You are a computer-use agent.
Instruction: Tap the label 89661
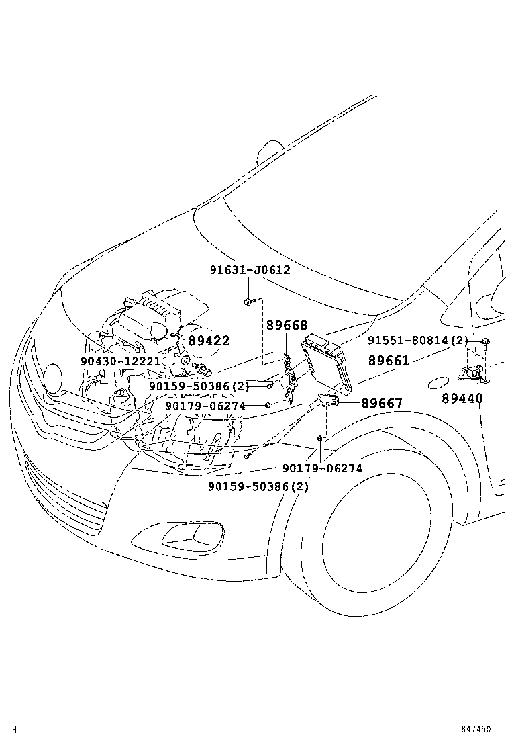388,361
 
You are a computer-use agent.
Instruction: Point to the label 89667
381,404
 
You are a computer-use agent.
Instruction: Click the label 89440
462,398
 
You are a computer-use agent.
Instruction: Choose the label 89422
209,341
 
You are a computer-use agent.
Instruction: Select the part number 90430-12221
120,361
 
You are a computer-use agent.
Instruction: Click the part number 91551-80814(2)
417,341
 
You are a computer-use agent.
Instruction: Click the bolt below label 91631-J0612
249,300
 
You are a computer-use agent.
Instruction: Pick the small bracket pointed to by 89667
328,400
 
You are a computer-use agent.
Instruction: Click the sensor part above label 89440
472,376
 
